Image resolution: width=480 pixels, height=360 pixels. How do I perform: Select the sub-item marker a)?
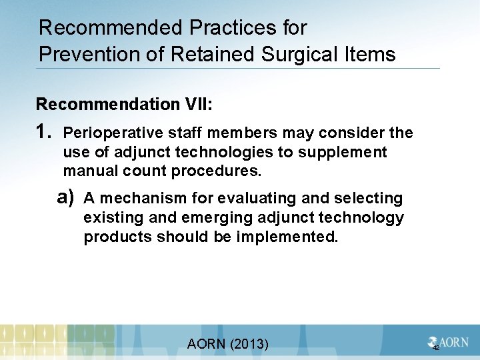65,197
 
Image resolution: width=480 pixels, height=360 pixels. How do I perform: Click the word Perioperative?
107,133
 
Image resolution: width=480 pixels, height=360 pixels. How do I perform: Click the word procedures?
216,171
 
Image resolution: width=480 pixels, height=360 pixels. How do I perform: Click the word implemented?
287,237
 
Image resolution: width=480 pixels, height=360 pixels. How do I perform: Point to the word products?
117,237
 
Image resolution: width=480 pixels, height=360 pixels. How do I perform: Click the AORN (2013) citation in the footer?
228,344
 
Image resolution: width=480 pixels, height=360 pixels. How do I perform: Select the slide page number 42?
436,349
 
